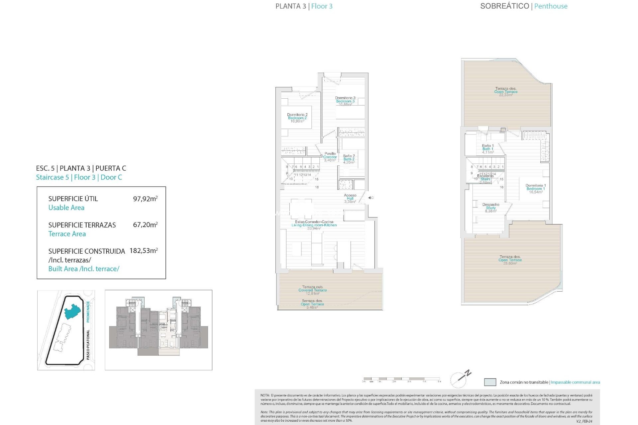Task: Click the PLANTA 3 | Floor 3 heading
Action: pos(304,6)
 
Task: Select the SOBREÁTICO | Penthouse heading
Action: pos(524,6)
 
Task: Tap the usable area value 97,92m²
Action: pos(145,199)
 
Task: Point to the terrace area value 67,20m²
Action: pos(145,225)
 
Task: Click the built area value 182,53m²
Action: pos(144,251)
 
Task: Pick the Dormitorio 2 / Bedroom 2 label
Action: pos(297,118)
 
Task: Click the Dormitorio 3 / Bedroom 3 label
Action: pos(345,101)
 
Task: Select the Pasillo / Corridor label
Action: pos(330,157)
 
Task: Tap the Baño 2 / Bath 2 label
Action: pos(349,159)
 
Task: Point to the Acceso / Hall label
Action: pos(350,198)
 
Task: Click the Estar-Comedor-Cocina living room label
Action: pos(314,225)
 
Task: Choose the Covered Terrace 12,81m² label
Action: pos(312,290)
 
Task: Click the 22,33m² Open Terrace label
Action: pos(505,92)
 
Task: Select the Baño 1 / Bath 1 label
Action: pos(488,149)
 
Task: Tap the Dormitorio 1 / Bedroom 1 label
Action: pos(535,189)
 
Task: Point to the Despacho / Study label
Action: pos(490,208)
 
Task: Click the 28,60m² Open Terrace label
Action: pos(510,260)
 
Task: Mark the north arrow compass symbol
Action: pos(461,379)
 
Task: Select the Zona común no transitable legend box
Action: pos(490,382)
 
